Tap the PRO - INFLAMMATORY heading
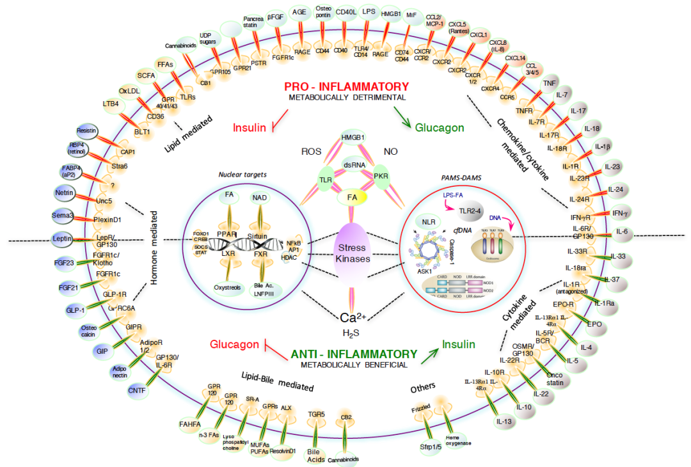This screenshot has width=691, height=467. coord(345,86)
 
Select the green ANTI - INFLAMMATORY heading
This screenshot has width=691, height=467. coord(354,354)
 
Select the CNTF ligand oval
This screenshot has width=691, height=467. coord(137,389)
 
